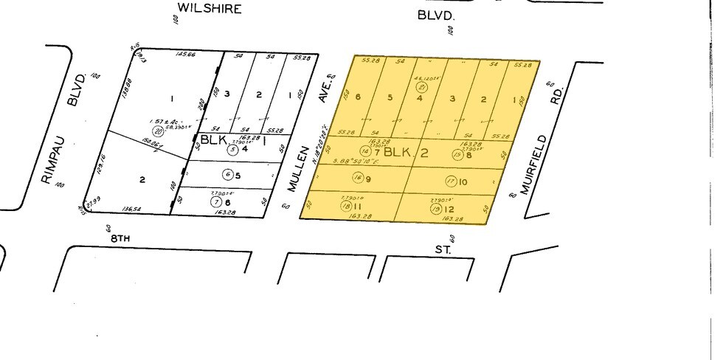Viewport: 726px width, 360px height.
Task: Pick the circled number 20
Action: [x=157, y=131]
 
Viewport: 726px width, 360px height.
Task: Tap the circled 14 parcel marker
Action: [x=364, y=152]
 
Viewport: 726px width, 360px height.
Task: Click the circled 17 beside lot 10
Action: [x=451, y=181]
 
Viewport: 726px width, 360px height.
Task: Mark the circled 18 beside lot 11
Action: [x=347, y=208]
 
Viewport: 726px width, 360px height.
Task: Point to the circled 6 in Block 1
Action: [x=228, y=175]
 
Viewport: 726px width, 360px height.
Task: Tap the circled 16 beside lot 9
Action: [x=358, y=178]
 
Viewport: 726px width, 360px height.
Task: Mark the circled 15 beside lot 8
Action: [x=457, y=155]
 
